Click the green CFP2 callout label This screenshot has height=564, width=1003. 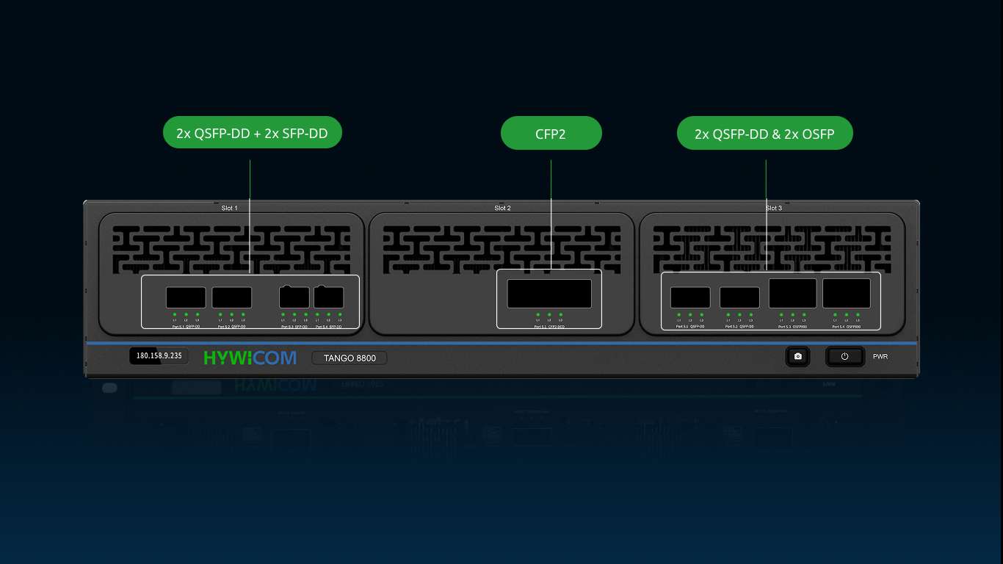pos(551,134)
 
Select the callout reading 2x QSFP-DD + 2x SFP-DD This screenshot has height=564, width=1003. pos(252,133)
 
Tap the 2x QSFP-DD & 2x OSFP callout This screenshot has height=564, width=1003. pos(764,134)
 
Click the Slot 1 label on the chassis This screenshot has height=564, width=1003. pos(230,209)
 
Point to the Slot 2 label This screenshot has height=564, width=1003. pos(502,209)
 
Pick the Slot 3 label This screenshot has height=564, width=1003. pos(772,209)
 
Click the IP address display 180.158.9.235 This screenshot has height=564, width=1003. pos(158,356)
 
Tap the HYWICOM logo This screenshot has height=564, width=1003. pos(250,358)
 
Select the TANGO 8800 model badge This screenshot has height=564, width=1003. pos(350,358)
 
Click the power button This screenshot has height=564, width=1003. pos(844,356)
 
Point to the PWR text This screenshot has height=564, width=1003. pos(880,357)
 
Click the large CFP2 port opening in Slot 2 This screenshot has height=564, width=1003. pos(549,294)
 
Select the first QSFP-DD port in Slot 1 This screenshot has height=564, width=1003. pos(186,297)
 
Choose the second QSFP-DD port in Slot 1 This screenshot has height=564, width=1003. pos(232,297)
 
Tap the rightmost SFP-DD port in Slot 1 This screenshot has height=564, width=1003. pos(329,297)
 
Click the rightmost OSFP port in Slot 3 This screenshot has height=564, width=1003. pos(846,293)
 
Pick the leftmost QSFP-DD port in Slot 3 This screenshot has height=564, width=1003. pos(690,297)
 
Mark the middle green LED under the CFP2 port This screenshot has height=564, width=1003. pos(549,314)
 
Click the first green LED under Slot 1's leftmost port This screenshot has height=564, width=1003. pos(175,314)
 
